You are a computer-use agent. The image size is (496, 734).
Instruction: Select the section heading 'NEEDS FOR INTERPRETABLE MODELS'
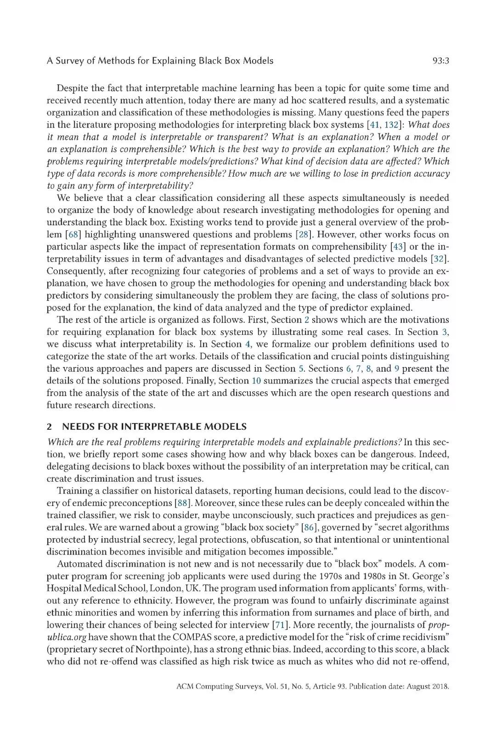tap(154, 427)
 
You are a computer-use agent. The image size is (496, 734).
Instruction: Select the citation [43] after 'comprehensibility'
tap(398, 247)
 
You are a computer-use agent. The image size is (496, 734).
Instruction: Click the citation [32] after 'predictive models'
tap(439, 259)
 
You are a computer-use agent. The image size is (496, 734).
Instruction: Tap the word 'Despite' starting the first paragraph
tap(73, 88)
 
